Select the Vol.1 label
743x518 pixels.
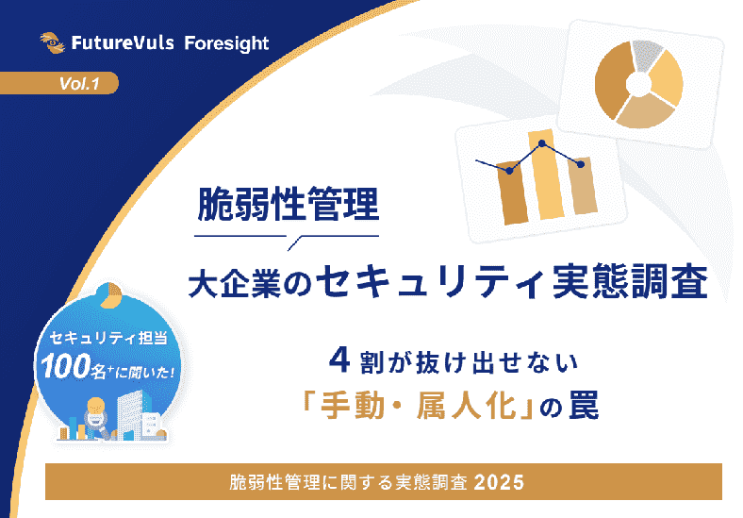(x=79, y=84)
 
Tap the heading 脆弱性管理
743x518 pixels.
(x=287, y=202)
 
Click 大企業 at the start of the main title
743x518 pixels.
(x=235, y=281)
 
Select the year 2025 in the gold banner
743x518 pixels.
(x=500, y=481)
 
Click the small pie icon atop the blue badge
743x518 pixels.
(x=109, y=292)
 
